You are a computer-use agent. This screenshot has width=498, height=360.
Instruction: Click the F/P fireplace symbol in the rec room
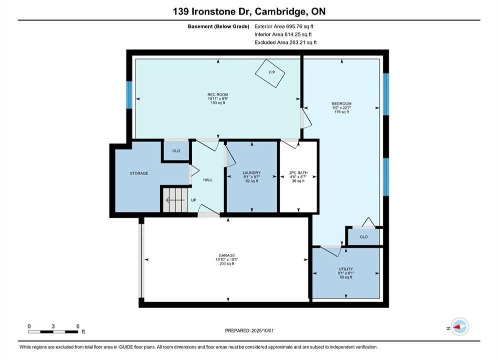pyautogui.click(x=270, y=73)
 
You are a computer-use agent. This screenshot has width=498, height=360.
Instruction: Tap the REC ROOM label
pyautogui.click(x=218, y=94)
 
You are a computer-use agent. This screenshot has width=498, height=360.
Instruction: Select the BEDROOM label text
pyautogui.click(x=342, y=103)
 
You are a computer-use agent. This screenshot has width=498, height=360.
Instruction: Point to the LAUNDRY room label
pyautogui.click(x=252, y=173)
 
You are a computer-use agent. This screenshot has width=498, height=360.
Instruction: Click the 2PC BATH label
pyautogui.click(x=298, y=173)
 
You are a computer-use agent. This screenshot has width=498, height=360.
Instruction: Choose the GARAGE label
pyautogui.click(x=227, y=255)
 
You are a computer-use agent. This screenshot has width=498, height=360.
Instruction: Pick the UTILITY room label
pyautogui.click(x=346, y=269)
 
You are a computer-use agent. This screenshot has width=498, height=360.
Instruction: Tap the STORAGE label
pyautogui.click(x=139, y=173)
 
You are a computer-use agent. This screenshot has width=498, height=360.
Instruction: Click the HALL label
pyautogui.click(x=208, y=180)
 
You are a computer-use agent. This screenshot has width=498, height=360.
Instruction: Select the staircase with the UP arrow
pyautogui.click(x=175, y=200)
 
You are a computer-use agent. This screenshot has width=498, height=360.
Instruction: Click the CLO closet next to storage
pyautogui.click(x=176, y=151)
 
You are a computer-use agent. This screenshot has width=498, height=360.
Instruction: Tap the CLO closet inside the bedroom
pyautogui.click(x=364, y=237)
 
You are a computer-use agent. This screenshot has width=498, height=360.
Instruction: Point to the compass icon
pyautogui.click(x=459, y=326)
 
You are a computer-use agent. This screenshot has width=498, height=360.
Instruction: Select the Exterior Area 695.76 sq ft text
pyautogui.click(x=284, y=26)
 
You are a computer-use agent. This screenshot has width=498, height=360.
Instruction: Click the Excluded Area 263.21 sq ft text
pyautogui.click(x=285, y=42)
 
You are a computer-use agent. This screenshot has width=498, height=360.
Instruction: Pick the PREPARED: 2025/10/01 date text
pyautogui.click(x=249, y=330)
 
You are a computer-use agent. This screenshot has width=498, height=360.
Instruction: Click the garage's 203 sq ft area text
pyautogui.click(x=227, y=263)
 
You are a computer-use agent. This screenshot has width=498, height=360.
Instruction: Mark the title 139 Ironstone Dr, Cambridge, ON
pyautogui.click(x=249, y=11)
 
